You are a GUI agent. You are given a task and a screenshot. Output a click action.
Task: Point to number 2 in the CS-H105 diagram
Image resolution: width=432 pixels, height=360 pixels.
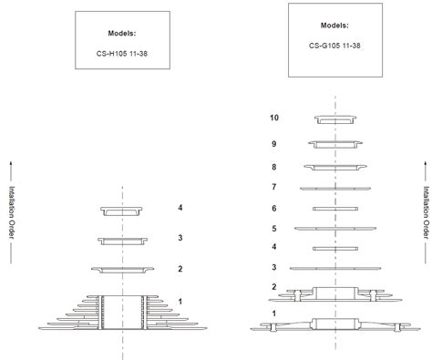(180, 269)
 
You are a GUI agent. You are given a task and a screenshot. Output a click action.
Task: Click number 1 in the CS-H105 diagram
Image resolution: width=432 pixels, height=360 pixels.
(180, 302)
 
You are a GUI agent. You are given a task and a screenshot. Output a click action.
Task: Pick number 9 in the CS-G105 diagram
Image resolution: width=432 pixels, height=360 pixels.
(273, 143)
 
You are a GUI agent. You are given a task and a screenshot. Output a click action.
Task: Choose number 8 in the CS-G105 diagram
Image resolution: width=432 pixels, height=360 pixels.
(273, 167)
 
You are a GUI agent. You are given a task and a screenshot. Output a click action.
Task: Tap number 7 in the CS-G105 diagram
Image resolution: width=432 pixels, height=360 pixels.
(273, 187)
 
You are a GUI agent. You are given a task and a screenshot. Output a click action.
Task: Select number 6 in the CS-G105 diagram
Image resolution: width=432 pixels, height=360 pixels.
(273, 209)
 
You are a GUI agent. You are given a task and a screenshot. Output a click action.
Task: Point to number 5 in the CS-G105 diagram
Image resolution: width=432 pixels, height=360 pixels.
(273, 228)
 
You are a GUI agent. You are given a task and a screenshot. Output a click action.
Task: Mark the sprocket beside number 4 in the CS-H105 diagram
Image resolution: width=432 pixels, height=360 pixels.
(121, 211)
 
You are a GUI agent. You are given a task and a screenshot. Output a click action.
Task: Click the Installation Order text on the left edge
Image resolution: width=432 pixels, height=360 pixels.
(12, 214)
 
